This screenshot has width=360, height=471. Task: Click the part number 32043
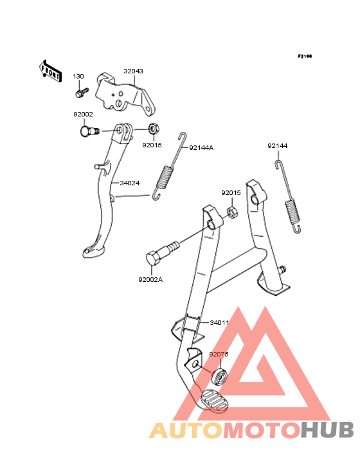point(133,71)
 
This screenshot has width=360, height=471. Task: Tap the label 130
point(78,77)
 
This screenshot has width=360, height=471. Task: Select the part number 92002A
point(150,280)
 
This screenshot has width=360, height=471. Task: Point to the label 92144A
point(201,148)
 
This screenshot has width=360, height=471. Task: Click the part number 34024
point(130,183)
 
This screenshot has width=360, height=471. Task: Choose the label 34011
point(219,322)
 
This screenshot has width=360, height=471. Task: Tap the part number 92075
point(219,354)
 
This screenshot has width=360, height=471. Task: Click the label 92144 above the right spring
point(278,145)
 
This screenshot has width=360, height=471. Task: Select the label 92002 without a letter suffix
point(83,114)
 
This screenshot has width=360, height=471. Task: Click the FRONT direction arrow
point(50,71)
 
